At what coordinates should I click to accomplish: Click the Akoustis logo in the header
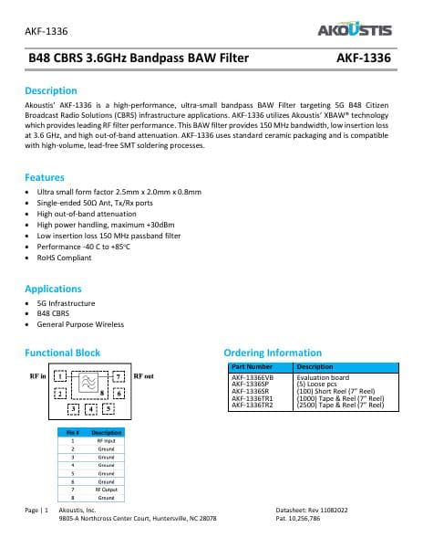354,30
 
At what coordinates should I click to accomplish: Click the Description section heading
50,90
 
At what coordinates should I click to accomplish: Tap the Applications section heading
54,288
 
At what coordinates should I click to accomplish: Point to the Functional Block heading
62,353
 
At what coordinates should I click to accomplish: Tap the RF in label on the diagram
37,375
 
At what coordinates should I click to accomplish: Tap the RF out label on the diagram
144,375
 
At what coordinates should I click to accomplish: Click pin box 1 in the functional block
60,376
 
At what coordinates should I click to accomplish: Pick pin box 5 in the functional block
108,408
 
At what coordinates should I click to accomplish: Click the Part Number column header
248,367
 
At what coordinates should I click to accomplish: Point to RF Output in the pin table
106,490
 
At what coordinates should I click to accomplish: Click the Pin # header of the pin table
73,432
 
